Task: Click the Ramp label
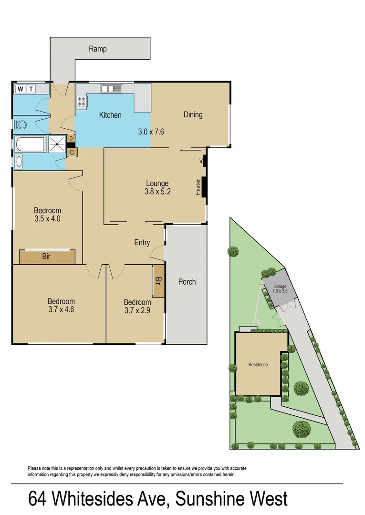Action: pos(98,49)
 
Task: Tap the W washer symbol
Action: pos(21,89)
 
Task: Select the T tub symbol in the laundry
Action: pos(31,89)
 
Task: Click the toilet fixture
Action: pos(21,125)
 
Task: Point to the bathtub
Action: pos(30,144)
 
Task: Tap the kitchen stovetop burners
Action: pos(81,101)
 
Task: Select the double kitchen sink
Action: pos(111,88)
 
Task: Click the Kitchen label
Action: pos(110,115)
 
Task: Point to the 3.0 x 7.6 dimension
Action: pos(151,132)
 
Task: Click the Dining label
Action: pos(193,114)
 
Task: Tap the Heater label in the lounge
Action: pos(198,186)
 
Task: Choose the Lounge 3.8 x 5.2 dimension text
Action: pos(157,192)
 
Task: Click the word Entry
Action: pos(142,243)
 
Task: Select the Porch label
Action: pos(187,282)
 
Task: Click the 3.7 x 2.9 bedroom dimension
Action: pos(137,311)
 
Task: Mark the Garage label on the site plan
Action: pos(280,287)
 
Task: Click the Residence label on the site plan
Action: pos(258,365)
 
